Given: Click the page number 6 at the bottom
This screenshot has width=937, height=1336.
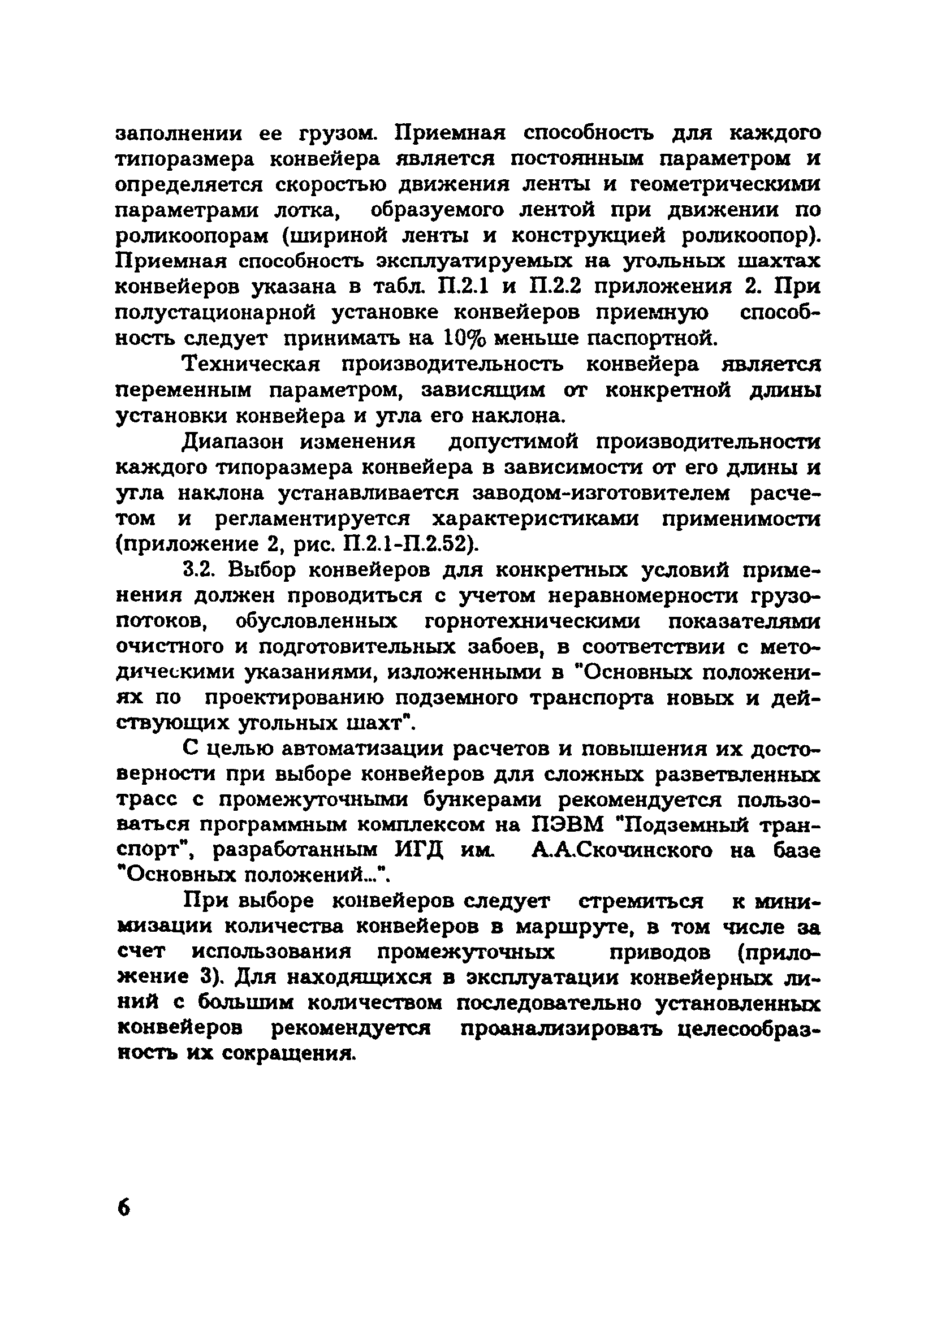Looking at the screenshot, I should point(124,1208).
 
